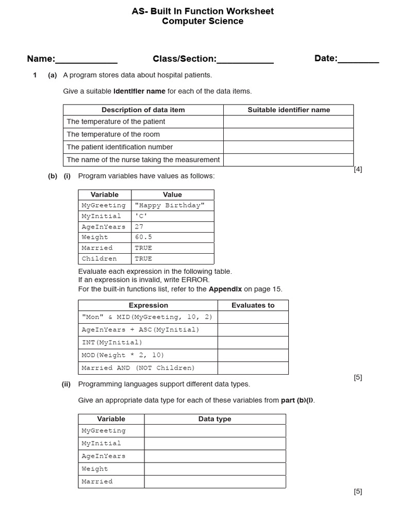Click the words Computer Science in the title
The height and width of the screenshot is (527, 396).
[x=203, y=22]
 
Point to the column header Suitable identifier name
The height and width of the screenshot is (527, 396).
[x=289, y=110]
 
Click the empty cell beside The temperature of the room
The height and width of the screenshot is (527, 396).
[x=288, y=134]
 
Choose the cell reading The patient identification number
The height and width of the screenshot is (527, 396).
[x=143, y=147]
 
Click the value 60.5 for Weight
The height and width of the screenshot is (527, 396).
[x=143, y=237]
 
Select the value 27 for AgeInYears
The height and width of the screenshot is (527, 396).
[x=139, y=226]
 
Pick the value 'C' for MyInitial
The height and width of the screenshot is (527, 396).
[x=141, y=216]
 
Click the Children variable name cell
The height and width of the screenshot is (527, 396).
[x=100, y=259]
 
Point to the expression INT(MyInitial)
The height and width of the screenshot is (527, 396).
[x=112, y=342]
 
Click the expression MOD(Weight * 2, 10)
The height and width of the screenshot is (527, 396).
[x=123, y=355]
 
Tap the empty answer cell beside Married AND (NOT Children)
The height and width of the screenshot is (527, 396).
[x=253, y=368]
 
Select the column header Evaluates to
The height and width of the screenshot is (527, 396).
[x=253, y=305]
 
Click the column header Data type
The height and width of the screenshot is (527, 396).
[x=214, y=419]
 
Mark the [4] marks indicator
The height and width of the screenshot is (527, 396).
[x=358, y=169]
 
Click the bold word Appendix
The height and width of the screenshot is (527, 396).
[x=225, y=289]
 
